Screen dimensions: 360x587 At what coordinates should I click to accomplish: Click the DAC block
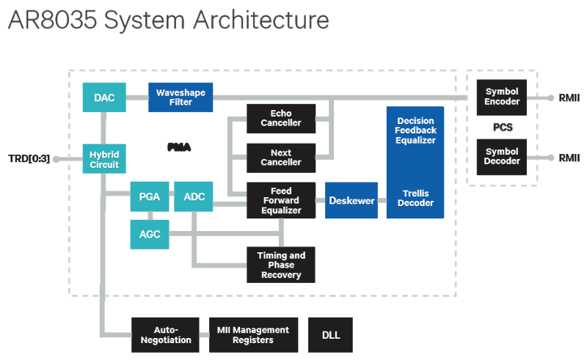pos(104,98)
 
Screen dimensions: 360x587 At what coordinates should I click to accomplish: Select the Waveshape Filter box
pos(181,98)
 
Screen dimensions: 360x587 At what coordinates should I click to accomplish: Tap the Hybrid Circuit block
pos(104,158)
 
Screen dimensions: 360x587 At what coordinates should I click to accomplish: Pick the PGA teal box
pos(149,196)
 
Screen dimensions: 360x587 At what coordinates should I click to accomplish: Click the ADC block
pos(194,196)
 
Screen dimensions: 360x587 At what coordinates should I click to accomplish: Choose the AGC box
pos(149,235)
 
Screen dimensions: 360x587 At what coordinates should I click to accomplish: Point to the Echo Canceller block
pos(280,119)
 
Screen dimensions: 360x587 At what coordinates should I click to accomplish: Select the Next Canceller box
pos(280,158)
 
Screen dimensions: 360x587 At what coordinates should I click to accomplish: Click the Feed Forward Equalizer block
pos(280,200)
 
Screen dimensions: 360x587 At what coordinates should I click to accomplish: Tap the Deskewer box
pos(351,200)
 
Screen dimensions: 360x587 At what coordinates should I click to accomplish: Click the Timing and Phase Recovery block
pos(280,265)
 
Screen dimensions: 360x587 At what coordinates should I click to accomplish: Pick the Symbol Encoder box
pos(502,97)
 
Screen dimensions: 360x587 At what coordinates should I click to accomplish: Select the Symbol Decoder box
pos(502,157)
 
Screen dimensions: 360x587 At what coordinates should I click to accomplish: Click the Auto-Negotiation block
pos(166,335)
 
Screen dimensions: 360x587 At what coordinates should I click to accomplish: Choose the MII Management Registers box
pos(254,335)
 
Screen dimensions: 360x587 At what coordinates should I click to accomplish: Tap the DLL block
pos(331,335)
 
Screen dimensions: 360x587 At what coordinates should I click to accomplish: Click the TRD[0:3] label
pos(29,158)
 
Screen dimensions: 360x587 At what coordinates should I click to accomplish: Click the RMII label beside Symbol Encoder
pos(569,98)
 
